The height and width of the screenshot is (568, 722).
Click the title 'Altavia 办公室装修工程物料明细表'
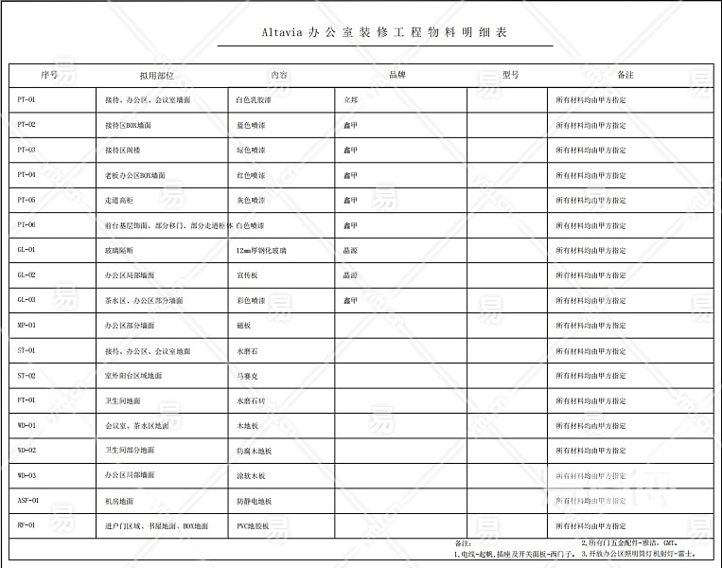(x=384, y=33)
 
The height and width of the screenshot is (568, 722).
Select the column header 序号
(x=49, y=75)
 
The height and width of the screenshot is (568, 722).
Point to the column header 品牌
(x=397, y=75)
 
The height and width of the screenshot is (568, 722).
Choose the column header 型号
(x=510, y=75)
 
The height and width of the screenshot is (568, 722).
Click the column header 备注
(x=625, y=75)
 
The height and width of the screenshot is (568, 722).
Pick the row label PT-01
(x=26, y=99)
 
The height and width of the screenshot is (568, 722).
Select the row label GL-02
(x=26, y=275)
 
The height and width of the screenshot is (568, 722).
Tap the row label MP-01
(x=26, y=325)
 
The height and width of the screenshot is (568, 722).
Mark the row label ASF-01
(x=28, y=500)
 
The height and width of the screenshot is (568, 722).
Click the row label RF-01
(x=26, y=524)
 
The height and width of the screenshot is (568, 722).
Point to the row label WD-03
(x=26, y=475)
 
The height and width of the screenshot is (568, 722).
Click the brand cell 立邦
(x=351, y=99)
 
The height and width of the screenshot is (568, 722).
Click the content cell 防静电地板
(x=254, y=500)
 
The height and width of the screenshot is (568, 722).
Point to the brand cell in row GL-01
(x=350, y=250)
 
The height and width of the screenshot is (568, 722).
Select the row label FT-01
(x=26, y=399)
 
